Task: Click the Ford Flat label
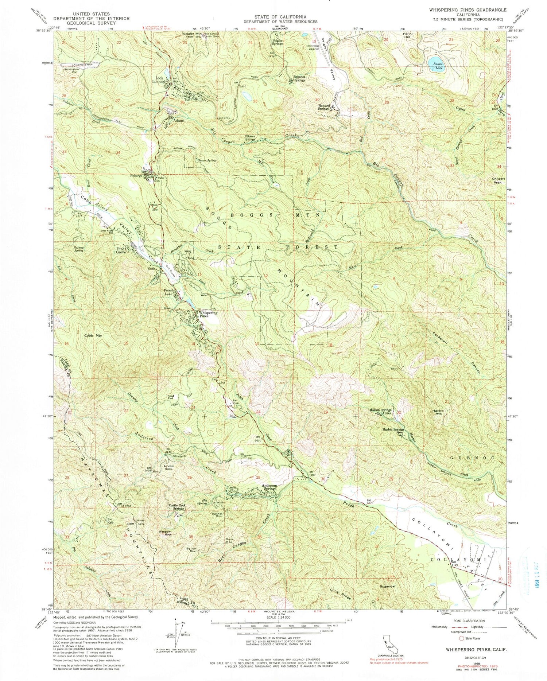170,398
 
